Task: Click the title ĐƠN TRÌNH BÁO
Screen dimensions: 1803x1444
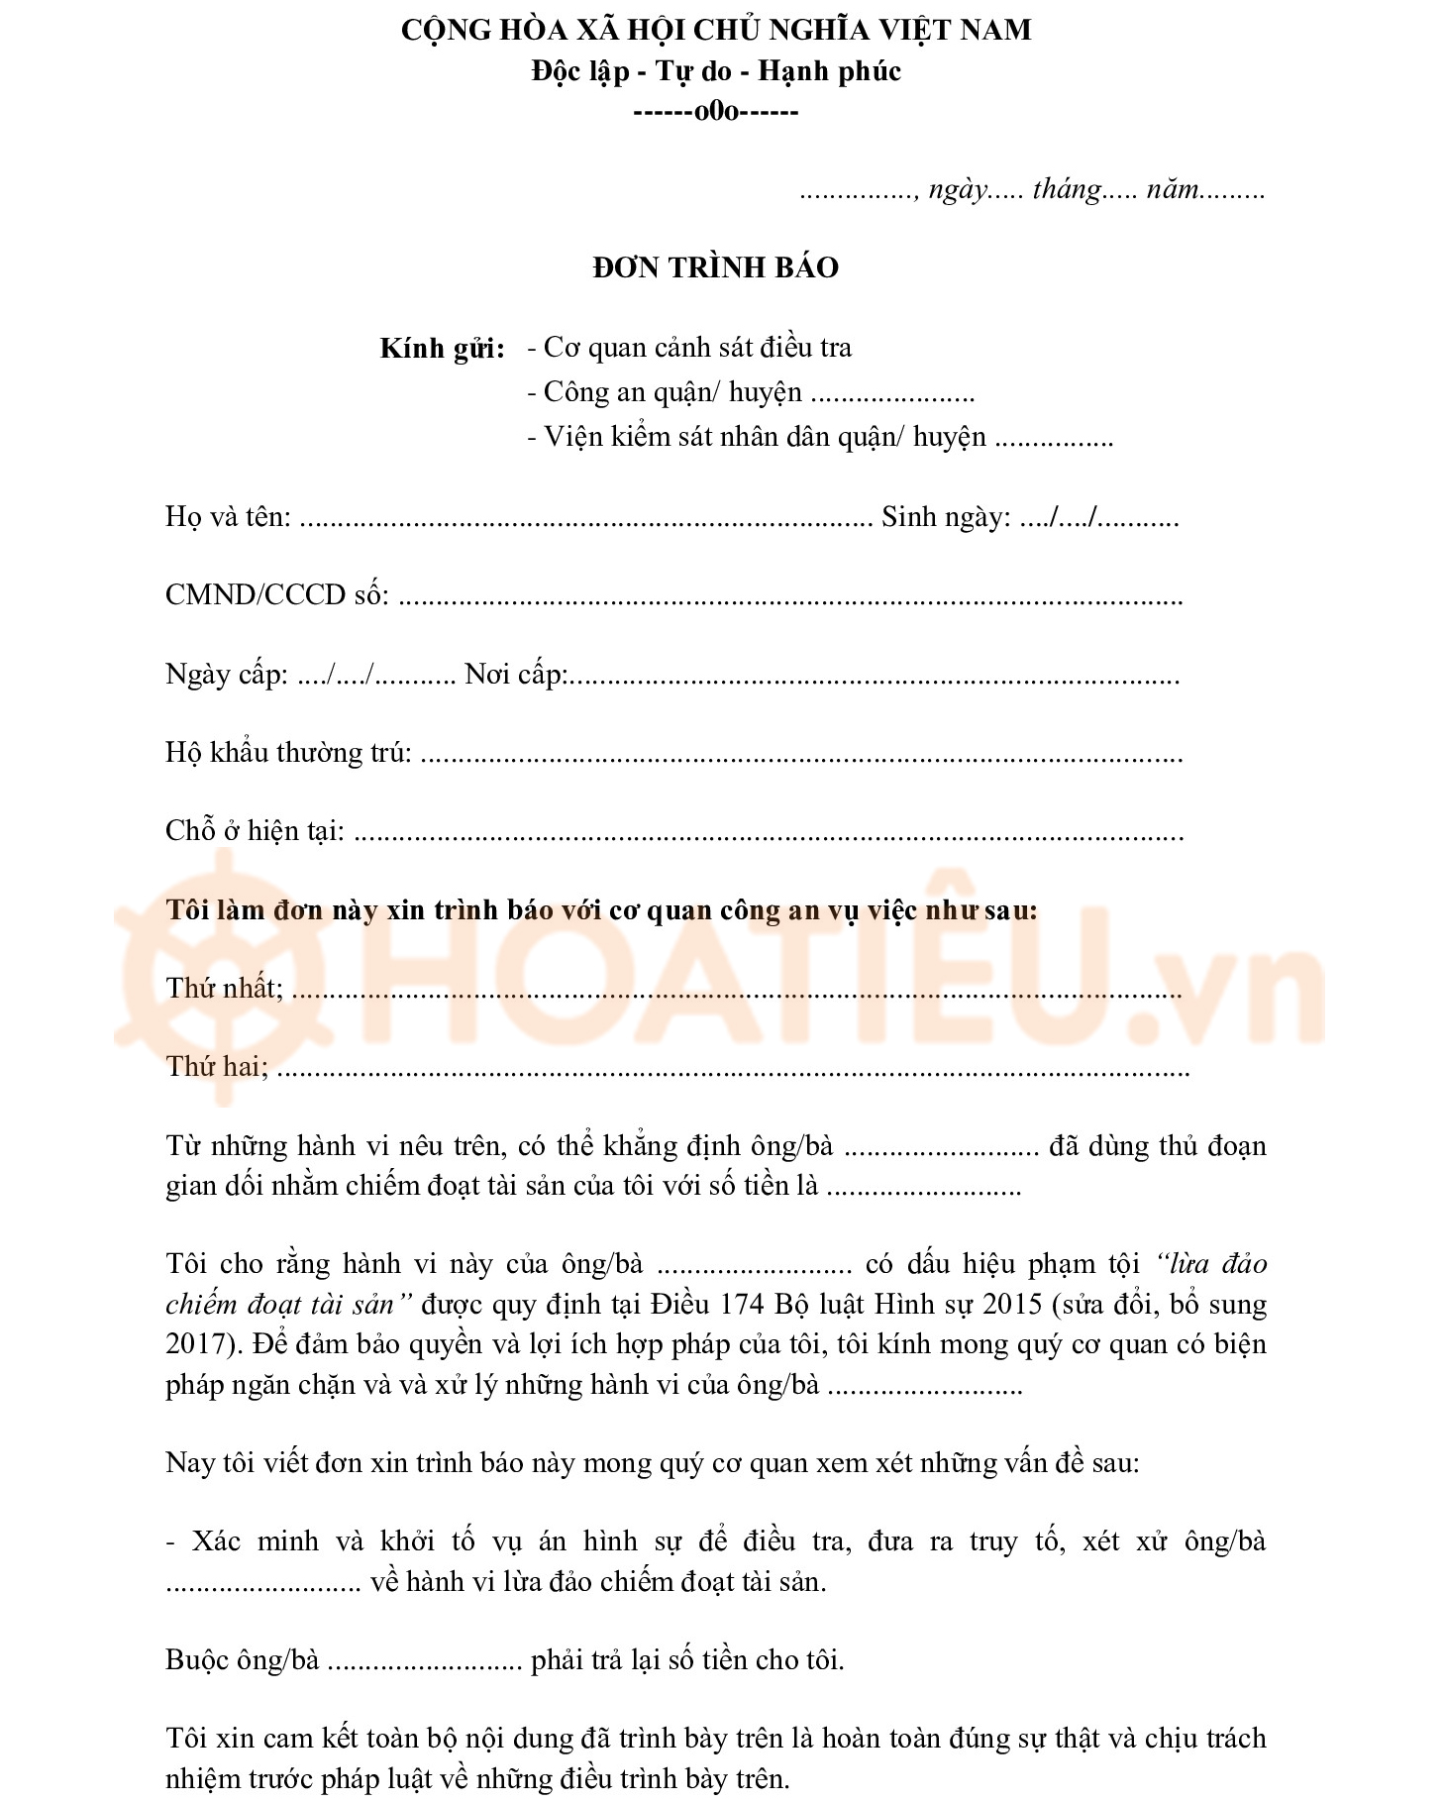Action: (715, 267)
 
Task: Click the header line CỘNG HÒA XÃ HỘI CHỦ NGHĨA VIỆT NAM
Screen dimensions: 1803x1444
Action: (715, 31)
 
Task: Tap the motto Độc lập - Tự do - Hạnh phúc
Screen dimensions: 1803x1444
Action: (715, 71)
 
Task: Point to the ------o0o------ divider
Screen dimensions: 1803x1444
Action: (715, 111)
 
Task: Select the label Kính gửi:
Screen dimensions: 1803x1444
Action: (442, 349)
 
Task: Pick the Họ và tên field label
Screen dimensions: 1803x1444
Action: (228, 517)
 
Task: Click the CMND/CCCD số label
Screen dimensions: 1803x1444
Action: (276, 595)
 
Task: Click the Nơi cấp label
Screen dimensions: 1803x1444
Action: (515, 675)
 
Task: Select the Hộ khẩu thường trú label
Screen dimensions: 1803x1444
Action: (288, 753)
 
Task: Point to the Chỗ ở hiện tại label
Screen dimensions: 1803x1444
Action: (255, 831)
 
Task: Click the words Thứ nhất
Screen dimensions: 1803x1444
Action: (223, 989)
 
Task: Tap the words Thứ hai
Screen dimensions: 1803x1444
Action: (216, 1067)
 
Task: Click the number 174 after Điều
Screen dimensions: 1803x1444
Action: (741, 1304)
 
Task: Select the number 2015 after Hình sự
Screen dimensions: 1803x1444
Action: (1012, 1304)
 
